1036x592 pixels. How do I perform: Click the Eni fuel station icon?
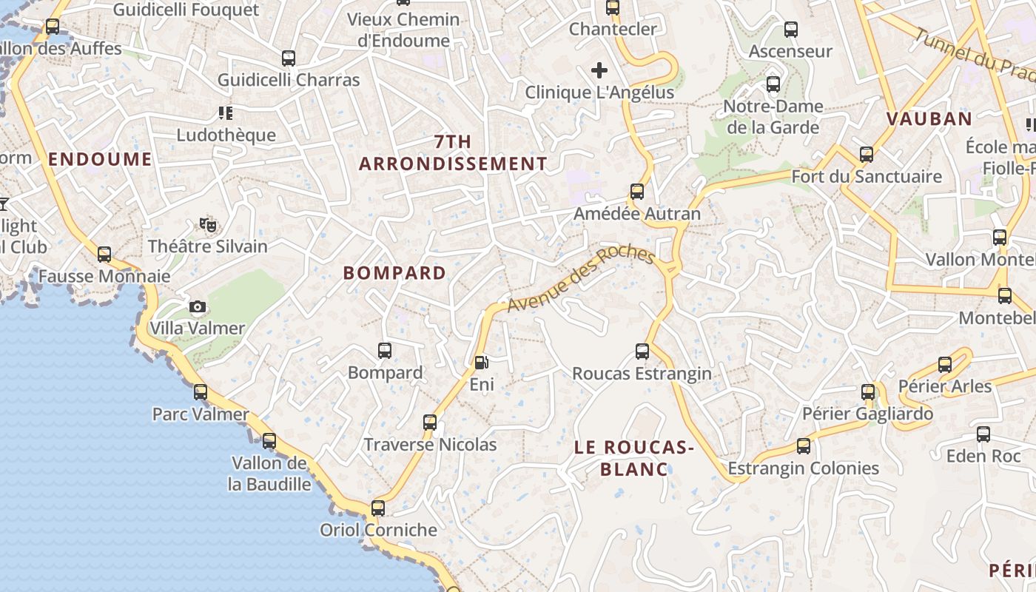482,363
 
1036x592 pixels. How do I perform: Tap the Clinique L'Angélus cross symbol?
599,70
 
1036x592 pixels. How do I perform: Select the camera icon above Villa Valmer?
198,306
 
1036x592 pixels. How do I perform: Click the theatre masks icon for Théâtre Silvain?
208,224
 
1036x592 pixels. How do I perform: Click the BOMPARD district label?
394,273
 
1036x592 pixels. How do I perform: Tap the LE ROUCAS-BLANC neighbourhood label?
633,458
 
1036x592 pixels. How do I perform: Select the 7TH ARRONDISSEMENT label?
453,153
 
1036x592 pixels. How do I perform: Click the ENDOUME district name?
100,159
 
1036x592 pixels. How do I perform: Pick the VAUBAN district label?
929,119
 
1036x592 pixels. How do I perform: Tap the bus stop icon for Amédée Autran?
637,192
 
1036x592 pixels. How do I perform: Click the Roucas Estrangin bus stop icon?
642,351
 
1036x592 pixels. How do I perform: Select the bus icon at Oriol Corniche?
378,508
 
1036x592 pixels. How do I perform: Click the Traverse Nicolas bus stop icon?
430,423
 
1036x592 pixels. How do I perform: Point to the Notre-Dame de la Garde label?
773,117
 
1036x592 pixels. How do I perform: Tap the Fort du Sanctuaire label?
867,177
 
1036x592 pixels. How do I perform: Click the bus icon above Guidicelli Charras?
289,58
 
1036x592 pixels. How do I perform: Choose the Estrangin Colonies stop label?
803,468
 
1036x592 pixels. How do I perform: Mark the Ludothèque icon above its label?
226,113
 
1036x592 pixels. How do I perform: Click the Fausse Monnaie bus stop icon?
104,255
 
